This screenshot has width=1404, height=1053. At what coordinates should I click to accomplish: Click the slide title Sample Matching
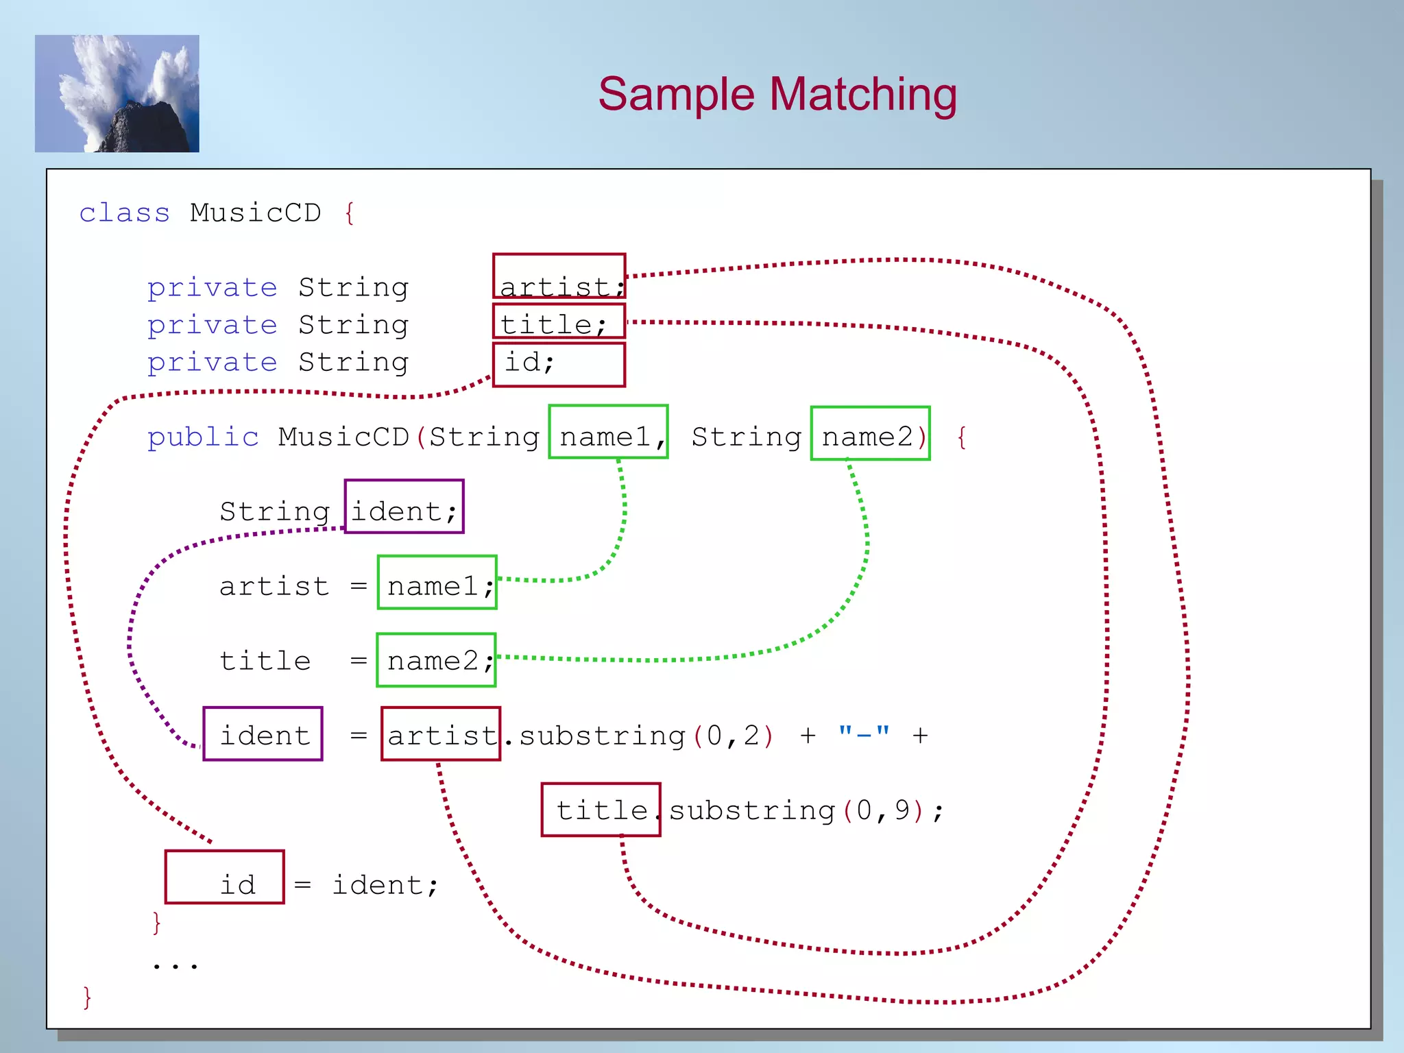click(777, 94)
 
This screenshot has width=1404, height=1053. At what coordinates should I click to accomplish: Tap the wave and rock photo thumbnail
click(117, 94)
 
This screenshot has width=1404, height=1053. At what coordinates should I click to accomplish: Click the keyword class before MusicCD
click(124, 213)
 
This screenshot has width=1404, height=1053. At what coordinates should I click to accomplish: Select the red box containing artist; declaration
click(559, 276)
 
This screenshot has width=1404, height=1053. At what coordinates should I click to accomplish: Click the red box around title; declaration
click(559, 321)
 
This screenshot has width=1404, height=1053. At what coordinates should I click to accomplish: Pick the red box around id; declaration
click(559, 365)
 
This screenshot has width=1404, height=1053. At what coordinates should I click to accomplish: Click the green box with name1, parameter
click(608, 432)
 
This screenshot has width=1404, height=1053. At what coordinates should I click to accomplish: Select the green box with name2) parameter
click(870, 433)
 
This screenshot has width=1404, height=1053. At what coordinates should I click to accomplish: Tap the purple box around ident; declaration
click(404, 507)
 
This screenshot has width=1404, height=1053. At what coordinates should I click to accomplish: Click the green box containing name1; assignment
click(437, 583)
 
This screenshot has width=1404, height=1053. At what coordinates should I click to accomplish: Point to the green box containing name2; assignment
click(436, 660)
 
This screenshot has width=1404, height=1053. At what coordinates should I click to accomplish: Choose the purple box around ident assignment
click(263, 734)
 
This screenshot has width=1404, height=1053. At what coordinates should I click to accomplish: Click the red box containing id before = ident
click(225, 877)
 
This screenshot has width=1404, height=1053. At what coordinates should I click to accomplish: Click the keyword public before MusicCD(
click(203, 437)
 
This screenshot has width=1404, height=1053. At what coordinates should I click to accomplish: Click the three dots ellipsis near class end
click(175, 965)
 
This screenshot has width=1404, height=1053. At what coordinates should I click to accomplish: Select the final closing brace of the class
click(87, 997)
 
